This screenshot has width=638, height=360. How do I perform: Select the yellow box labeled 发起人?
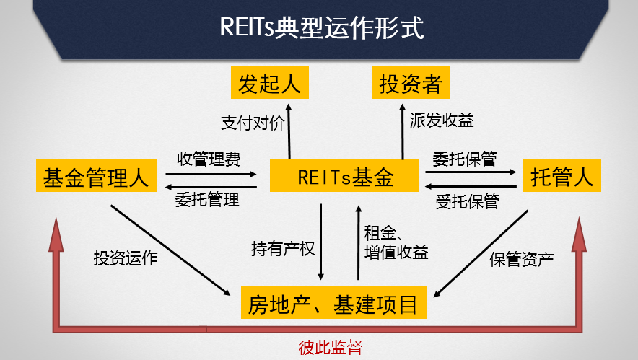click(x=269, y=83)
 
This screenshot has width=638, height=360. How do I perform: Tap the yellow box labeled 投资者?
click(x=411, y=83)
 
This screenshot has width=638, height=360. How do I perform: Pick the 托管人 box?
click(x=561, y=177)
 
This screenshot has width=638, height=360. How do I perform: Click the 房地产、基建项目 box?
click(x=333, y=304)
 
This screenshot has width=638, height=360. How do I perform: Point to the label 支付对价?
click(x=253, y=122)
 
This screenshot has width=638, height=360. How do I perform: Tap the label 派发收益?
click(x=442, y=120)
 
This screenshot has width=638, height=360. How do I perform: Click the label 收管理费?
click(x=209, y=158)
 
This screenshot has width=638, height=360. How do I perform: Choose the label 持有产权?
click(x=283, y=249)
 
